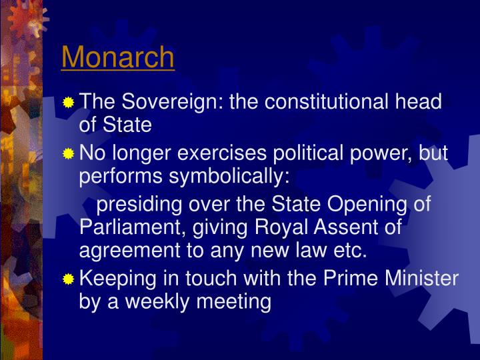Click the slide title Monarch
[x=118, y=57]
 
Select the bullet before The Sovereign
[x=69, y=103]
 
